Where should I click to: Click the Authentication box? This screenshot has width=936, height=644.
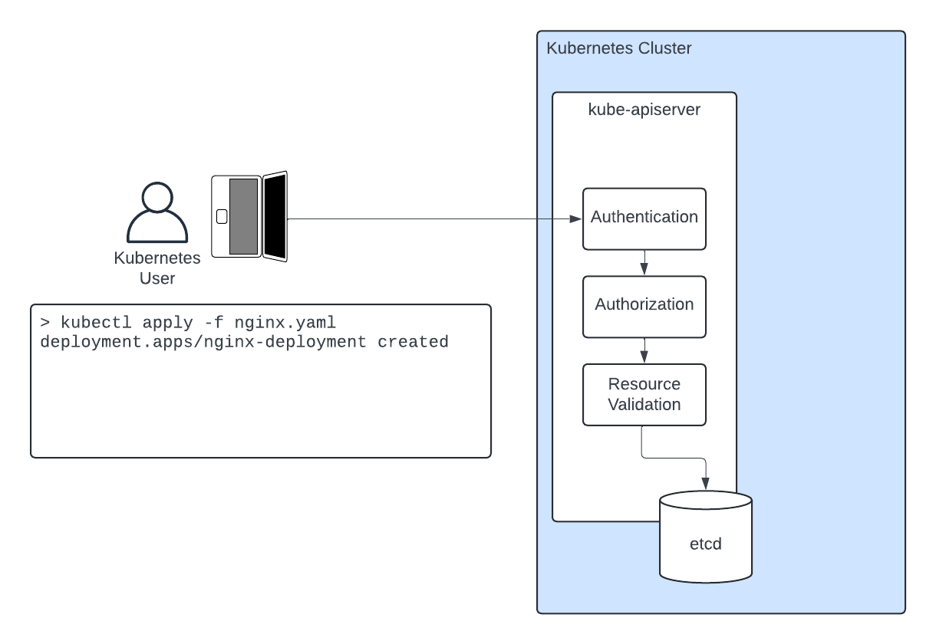tap(644, 219)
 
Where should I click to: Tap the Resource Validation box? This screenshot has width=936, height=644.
tap(644, 394)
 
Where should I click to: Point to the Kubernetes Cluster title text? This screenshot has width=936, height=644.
tap(618, 49)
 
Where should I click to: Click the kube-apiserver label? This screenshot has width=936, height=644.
tap(644, 110)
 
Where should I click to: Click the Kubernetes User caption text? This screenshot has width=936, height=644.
tap(157, 268)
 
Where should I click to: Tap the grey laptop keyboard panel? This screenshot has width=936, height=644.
tap(243, 215)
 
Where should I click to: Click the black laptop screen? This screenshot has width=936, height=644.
tap(275, 217)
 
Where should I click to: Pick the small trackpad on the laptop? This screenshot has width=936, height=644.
tap(222, 216)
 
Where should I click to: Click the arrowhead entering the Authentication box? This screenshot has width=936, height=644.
tap(577, 219)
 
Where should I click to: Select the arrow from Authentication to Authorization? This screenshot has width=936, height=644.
tap(644, 263)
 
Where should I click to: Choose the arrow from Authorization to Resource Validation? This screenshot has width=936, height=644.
tap(644, 351)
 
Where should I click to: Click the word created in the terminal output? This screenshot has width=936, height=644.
tap(413, 342)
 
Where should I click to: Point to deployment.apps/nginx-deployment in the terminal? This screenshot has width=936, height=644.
tap(203, 342)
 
